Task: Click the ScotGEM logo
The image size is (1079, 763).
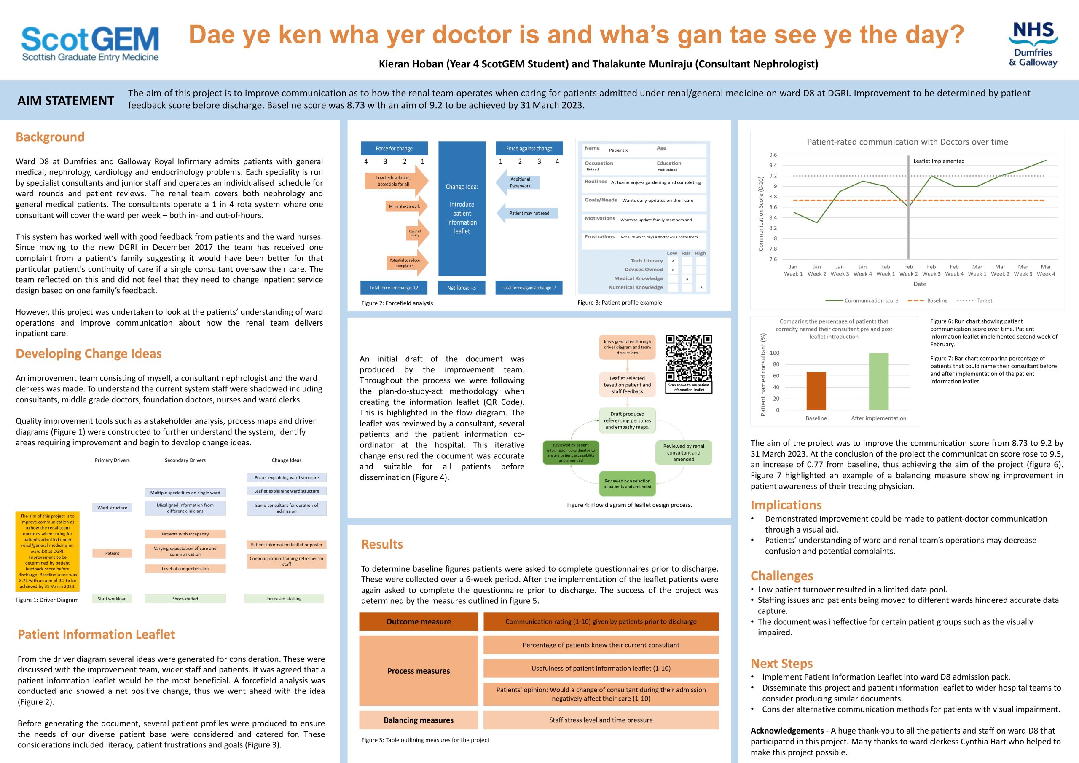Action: click(x=90, y=44)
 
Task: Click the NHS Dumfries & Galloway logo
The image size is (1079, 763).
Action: click(x=1033, y=45)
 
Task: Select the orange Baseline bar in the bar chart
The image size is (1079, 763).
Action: click(x=816, y=391)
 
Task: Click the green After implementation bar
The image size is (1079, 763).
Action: click(x=878, y=382)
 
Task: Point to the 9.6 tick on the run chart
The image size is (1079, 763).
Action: click(x=773, y=155)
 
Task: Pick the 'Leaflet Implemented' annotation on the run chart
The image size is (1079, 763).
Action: click(x=939, y=161)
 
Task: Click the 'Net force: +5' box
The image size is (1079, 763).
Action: click(x=462, y=287)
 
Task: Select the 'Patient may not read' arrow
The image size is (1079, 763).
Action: click(x=528, y=213)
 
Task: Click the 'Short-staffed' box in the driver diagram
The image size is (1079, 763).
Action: click(x=185, y=599)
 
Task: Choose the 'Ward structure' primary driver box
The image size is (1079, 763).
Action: click(x=112, y=507)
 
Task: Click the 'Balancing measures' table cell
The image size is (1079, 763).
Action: click(x=418, y=720)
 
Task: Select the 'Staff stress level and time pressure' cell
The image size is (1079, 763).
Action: click(x=601, y=720)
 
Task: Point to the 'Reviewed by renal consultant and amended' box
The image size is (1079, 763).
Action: click(x=683, y=452)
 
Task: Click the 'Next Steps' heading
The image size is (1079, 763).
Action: click(x=781, y=664)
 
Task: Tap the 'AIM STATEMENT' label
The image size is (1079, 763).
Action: click(x=66, y=101)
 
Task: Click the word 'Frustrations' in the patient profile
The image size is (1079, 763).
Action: click(x=599, y=237)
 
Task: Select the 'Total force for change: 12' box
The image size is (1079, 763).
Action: click(x=394, y=287)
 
